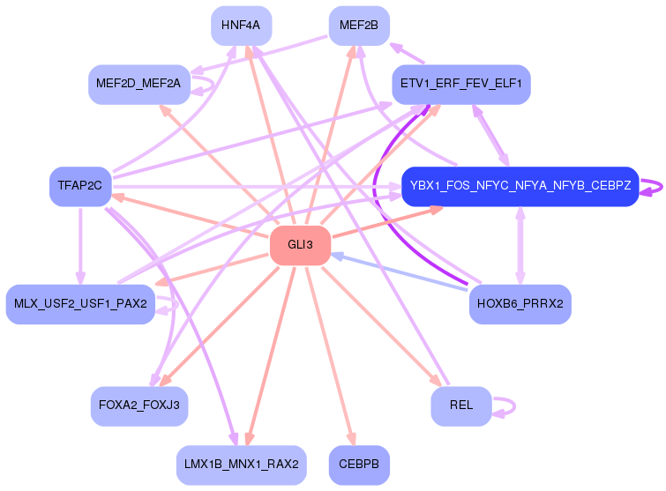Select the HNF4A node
click(241, 26)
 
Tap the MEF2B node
click(358, 26)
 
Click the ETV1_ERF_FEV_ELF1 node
click(460, 85)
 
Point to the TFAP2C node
click(79, 186)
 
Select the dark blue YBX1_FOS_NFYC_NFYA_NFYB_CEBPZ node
click(520, 186)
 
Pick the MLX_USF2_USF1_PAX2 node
click(80, 304)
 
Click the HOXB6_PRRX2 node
click(520, 304)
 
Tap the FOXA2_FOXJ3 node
click(139, 405)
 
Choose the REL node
click(460, 405)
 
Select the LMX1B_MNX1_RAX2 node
click(241, 464)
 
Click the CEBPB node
click(358, 464)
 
